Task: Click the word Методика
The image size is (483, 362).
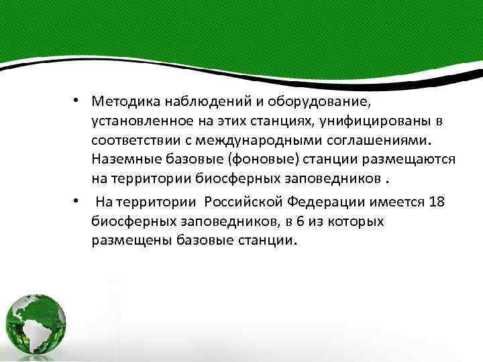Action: [123, 102]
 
